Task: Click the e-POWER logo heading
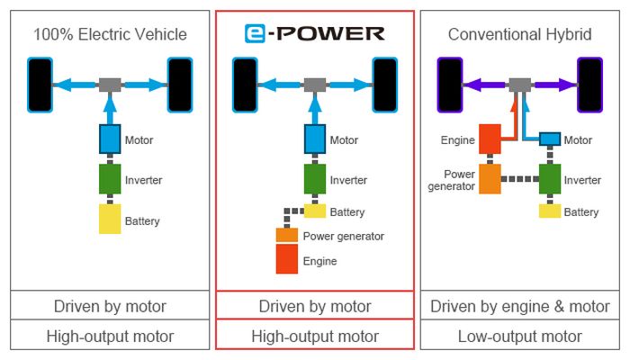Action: click(x=314, y=34)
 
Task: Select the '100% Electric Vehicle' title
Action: click(x=110, y=35)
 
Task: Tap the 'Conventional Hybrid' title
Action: click(x=519, y=35)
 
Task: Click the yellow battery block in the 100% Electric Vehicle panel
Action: click(x=110, y=219)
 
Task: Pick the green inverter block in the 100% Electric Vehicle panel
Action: click(x=110, y=179)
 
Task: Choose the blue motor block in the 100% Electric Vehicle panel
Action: click(x=110, y=139)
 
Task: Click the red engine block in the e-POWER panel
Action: click(x=286, y=259)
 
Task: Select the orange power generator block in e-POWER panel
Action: click(x=286, y=235)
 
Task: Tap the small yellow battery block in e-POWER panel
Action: click(x=314, y=211)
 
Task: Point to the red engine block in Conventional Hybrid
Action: click(x=491, y=139)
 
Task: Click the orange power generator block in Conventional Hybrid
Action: click(x=491, y=178)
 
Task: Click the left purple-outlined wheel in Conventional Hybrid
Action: click(x=449, y=85)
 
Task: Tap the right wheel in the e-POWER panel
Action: click(x=385, y=85)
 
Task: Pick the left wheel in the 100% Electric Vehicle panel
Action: click(x=40, y=85)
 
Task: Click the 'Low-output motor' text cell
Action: click(x=519, y=337)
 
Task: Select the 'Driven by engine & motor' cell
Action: click(x=519, y=306)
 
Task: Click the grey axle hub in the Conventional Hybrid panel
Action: click(x=519, y=85)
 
